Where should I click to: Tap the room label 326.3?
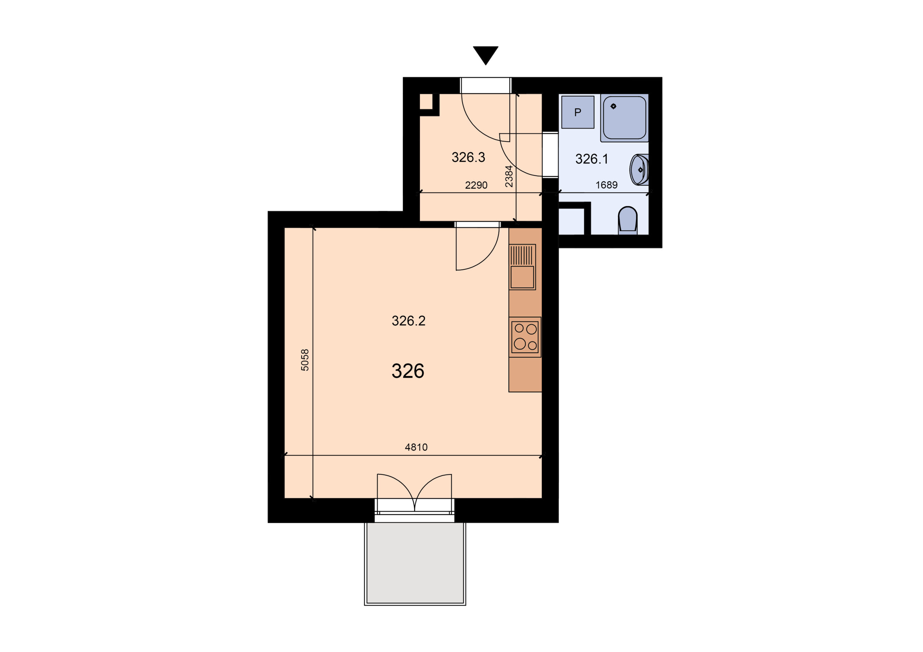(468, 157)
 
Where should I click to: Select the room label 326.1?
(592, 159)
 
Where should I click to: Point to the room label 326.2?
(408, 321)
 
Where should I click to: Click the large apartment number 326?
(408, 371)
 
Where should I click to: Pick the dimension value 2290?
(476, 185)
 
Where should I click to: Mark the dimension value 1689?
(606, 185)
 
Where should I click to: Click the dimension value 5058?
(305, 360)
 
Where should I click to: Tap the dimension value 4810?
(416, 447)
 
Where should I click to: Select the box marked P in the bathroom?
(578, 112)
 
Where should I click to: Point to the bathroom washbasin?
(639, 170)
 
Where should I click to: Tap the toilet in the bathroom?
(627, 220)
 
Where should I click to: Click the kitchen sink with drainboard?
(522, 267)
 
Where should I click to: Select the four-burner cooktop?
(525, 337)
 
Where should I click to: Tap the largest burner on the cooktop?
(520, 344)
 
